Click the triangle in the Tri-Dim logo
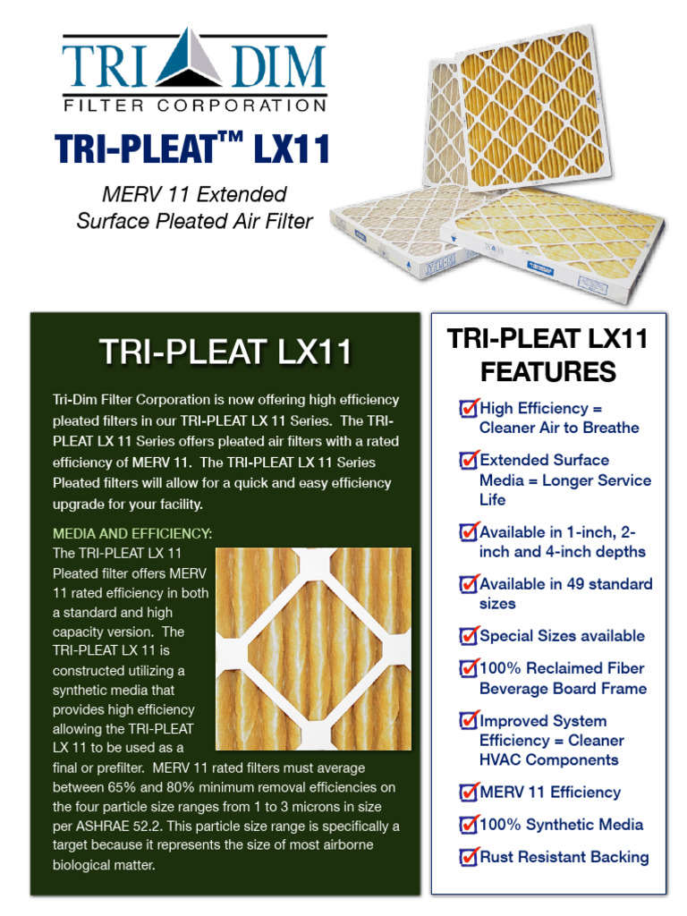tap(194, 61)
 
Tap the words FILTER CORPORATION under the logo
tap(194, 106)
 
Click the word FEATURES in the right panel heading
tap(547, 371)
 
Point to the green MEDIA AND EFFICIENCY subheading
tap(132, 534)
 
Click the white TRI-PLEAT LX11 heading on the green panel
tap(225, 352)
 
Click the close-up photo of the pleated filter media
tap(313, 648)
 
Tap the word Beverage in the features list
tap(518, 689)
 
